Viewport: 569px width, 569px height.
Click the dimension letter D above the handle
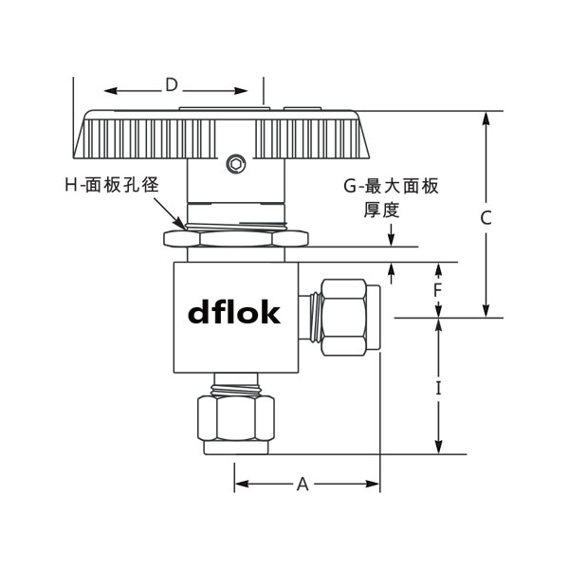coord(171,85)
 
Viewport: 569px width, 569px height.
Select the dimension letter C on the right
coord(486,217)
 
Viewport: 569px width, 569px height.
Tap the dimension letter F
coord(438,289)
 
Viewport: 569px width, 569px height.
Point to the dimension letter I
coord(439,388)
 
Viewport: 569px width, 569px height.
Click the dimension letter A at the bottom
coord(303,485)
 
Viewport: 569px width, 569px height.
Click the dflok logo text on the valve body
coord(233,312)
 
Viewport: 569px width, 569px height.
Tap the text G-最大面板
coord(391,187)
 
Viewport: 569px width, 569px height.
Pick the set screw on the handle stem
coord(235,164)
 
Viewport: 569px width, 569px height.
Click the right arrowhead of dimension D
coord(243,91)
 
